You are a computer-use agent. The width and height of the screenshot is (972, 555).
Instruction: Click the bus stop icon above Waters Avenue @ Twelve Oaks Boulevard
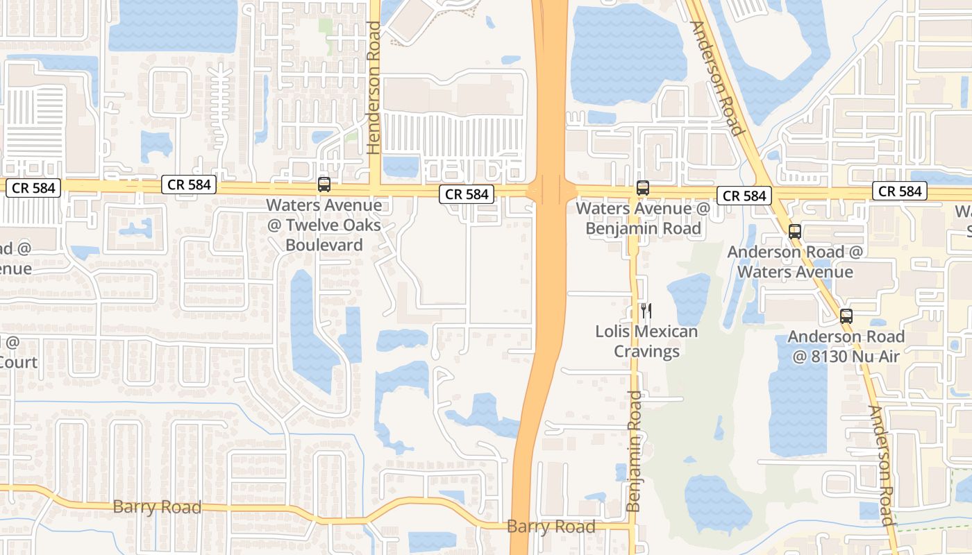[324, 185]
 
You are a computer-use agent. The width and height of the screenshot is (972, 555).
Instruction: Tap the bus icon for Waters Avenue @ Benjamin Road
[643, 187]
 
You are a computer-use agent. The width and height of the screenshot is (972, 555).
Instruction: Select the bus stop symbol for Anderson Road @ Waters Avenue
[795, 232]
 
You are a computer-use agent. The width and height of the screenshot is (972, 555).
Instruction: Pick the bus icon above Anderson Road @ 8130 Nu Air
[846, 316]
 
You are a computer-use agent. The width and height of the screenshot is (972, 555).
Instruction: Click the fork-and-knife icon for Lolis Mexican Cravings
[646, 311]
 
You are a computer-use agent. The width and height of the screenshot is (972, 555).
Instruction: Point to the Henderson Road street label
[374, 87]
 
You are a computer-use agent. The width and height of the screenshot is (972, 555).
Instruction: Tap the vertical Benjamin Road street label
[634, 451]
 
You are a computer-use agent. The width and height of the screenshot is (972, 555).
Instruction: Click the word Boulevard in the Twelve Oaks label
[324, 245]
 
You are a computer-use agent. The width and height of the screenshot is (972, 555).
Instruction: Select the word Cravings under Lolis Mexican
[646, 351]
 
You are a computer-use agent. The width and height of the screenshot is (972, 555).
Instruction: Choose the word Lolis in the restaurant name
[612, 332]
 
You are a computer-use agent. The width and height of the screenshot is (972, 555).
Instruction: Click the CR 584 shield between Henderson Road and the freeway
[467, 194]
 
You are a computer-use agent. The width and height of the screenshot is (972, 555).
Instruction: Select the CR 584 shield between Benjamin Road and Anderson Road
[744, 196]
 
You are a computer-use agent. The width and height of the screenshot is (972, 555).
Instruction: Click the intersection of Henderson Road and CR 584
[375, 188]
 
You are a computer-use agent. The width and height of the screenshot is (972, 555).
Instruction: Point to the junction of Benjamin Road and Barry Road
[632, 527]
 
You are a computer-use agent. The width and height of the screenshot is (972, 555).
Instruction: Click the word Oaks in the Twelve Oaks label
[362, 225]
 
